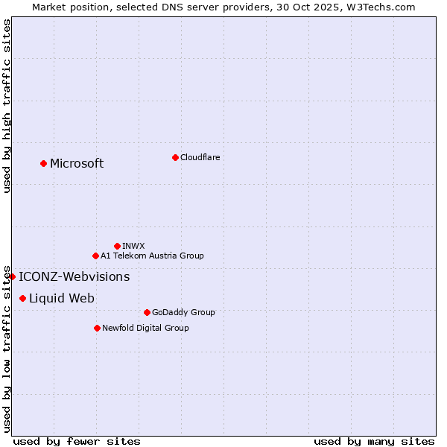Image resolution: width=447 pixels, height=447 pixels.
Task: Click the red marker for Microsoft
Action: pos(43,163)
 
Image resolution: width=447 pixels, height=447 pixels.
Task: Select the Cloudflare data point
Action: pos(175,157)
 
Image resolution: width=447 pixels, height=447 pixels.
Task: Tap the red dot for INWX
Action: pos(117,246)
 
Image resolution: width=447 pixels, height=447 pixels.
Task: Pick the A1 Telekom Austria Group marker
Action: pos(95,256)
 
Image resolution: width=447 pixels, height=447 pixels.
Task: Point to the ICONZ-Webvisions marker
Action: pos(12,276)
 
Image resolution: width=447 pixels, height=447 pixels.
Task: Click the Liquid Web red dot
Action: pos(22,298)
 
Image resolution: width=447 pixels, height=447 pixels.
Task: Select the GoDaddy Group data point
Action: pos(147,312)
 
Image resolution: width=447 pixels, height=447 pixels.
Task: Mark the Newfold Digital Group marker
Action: pos(97,328)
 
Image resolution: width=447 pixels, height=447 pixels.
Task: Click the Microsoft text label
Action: pos(77,164)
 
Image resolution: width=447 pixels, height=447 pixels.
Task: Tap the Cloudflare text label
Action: pos(200,157)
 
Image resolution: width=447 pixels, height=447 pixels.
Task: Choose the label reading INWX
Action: pos(133,246)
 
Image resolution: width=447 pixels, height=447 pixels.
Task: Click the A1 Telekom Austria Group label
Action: pos(152,256)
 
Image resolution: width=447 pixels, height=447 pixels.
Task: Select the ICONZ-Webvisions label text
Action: pos(74,277)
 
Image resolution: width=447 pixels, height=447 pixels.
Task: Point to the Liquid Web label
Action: pos(62,299)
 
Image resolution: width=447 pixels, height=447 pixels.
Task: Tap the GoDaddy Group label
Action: pos(183,312)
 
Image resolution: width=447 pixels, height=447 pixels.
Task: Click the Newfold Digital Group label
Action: pos(145,328)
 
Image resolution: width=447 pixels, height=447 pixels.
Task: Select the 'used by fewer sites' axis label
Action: pos(77,441)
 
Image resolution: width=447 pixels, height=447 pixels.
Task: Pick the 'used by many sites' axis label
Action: pos(374,441)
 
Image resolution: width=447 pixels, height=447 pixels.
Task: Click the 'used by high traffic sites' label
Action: pos(7,107)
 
